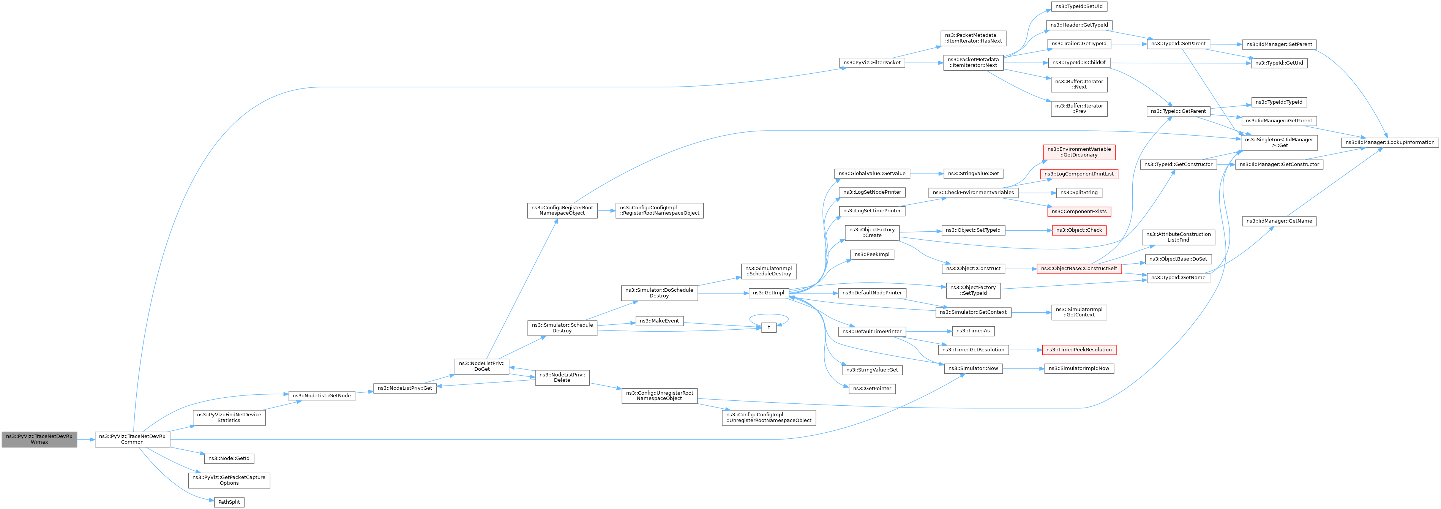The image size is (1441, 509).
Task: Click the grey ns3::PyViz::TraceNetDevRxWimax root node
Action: pyautogui.click(x=39, y=439)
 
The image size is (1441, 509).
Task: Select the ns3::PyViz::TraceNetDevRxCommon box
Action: pyautogui.click(x=133, y=439)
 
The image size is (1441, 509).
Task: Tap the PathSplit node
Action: pyautogui.click(x=229, y=502)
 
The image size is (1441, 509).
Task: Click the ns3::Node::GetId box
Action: pyautogui.click(x=229, y=458)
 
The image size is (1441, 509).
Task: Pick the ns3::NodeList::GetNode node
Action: pyautogui.click(x=322, y=395)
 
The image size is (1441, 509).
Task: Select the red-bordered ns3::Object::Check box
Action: pyautogui.click(x=1079, y=230)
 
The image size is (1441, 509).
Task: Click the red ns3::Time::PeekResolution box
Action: pyautogui.click(x=1079, y=349)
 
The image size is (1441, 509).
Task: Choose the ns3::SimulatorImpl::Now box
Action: pyautogui.click(x=1079, y=368)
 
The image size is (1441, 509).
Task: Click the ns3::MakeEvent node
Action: pyautogui.click(x=659, y=321)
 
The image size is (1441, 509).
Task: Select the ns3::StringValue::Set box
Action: pyautogui.click(x=973, y=173)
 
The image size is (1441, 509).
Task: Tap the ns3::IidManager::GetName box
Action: pyautogui.click(x=1279, y=221)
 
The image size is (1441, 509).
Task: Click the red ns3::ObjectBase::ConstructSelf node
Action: pyautogui.click(x=1078, y=269)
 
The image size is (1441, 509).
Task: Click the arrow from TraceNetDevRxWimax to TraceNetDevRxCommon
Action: pyautogui.click(x=85, y=439)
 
